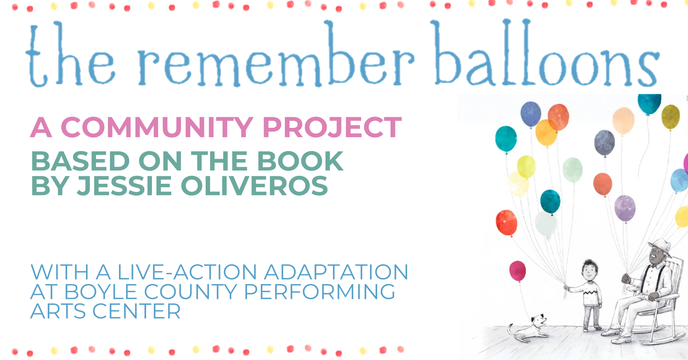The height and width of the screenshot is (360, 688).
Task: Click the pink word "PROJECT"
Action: (x=332, y=127)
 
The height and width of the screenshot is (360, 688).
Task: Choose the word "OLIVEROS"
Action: (x=254, y=186)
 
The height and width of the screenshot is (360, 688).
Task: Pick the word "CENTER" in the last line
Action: (x=137, y=311)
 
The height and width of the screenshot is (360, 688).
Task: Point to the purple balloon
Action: (x=625, y=208)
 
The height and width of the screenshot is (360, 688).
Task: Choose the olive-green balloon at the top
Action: (x=670, y=116)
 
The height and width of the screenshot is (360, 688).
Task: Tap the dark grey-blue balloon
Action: (x=605, y=143)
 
